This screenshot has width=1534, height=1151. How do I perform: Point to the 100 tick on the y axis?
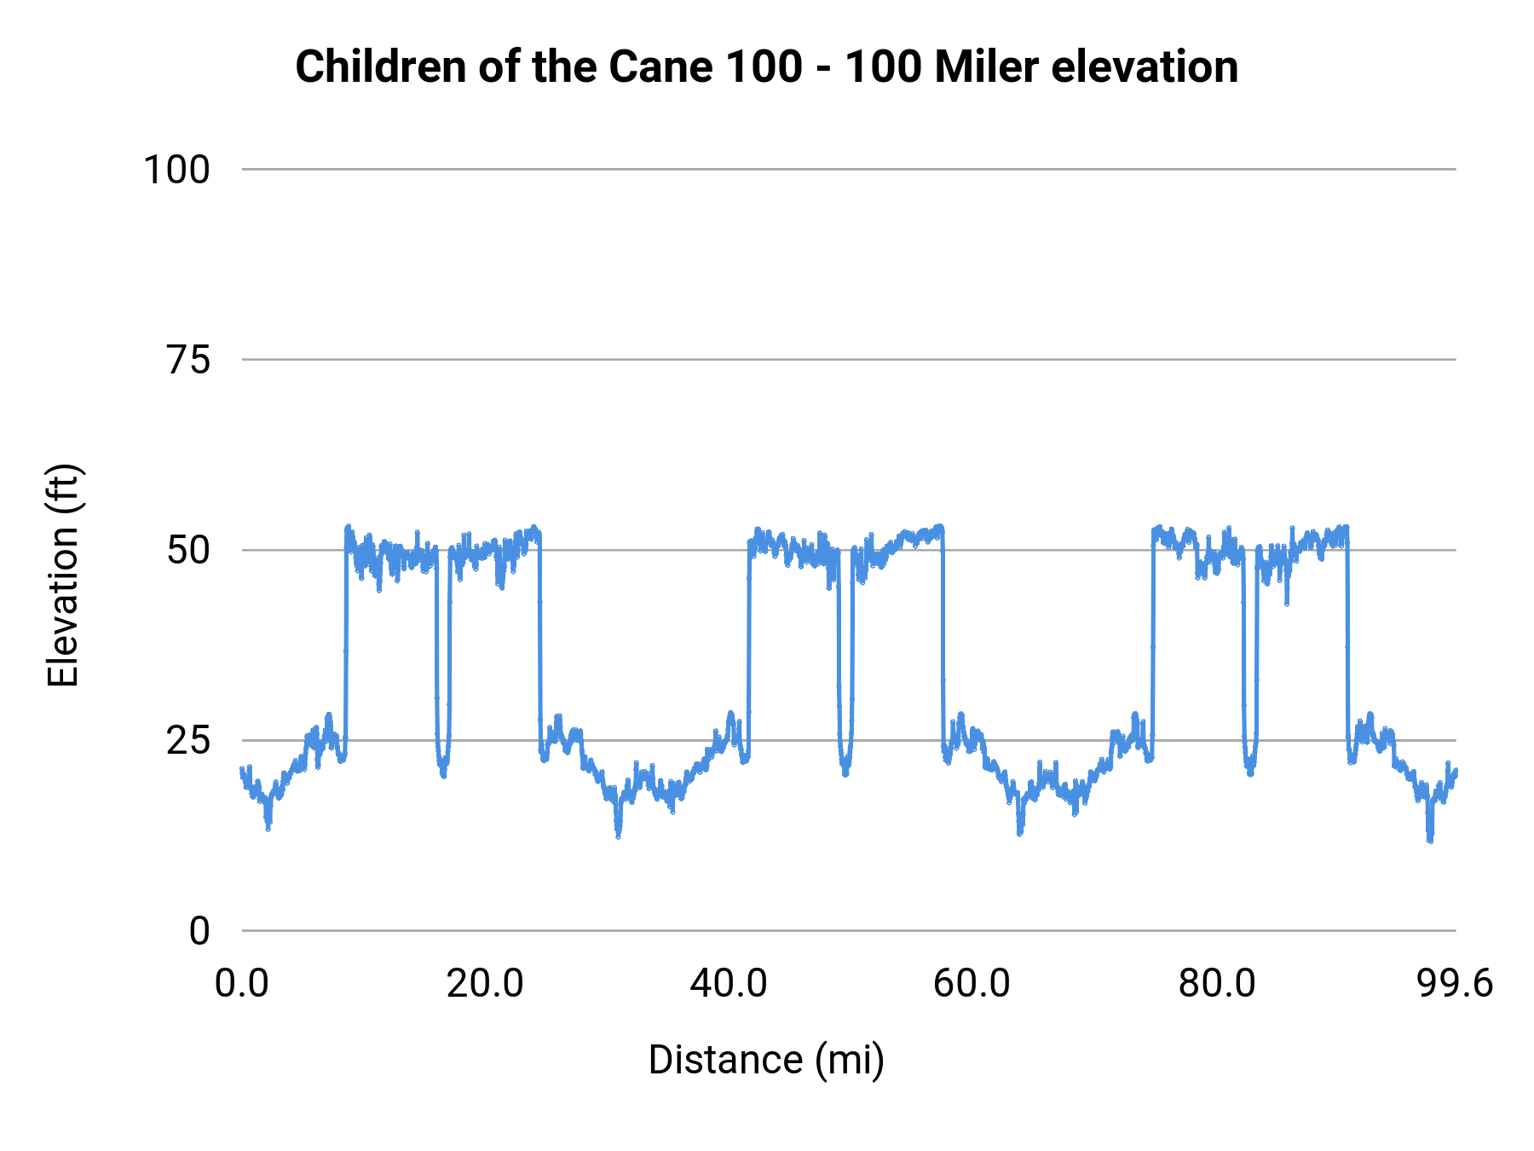[176, 170]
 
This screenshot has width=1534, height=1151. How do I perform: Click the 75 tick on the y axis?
[188, 361]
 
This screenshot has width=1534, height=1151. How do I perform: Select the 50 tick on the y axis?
[188, 551]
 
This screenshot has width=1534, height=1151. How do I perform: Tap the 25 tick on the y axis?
[188, 741]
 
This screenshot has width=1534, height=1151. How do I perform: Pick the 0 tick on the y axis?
[199, 931]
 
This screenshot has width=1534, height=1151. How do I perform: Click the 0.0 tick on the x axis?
[242, 984]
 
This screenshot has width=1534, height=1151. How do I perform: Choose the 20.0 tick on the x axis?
[485, 984]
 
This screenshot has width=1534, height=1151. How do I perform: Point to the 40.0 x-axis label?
[729, 984]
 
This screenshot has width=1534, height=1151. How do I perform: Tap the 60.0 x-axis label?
[972, 984]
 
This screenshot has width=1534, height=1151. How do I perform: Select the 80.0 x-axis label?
[1216, 984]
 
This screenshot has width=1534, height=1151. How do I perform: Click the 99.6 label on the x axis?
[1455, 984]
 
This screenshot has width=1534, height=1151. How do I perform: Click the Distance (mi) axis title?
[766, 1060]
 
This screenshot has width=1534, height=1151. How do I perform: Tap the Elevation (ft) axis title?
[63, 575]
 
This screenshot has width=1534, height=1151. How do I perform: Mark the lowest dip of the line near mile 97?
[1429, 839]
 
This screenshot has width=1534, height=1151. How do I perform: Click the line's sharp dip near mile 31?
[618, 835]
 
